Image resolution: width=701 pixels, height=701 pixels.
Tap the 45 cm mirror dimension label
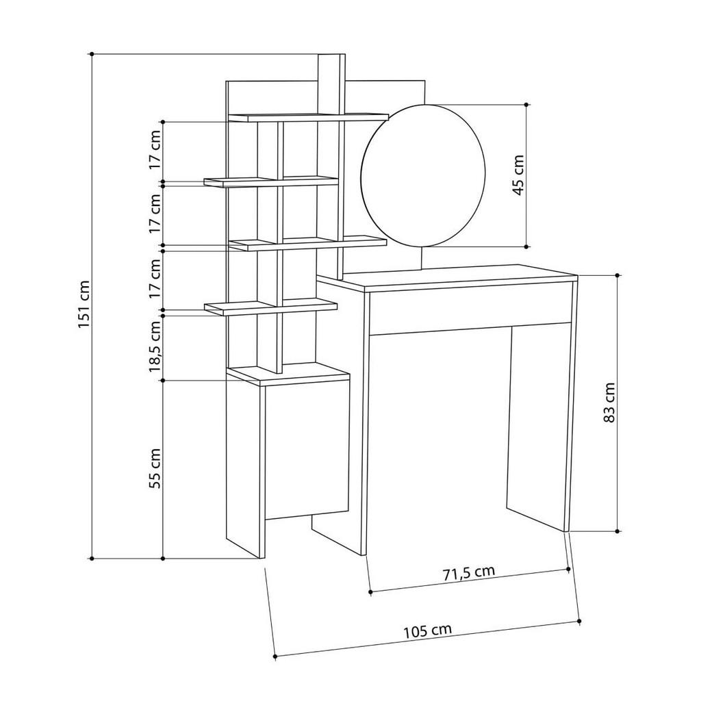(518, 176)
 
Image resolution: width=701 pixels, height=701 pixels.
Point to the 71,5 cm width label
(468, 572)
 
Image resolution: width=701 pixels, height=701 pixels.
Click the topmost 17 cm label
(155, 153)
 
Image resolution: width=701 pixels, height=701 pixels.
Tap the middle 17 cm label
(155, 214)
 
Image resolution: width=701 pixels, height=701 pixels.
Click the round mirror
(423, 175)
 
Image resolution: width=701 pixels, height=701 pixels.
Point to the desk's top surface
(459, 276)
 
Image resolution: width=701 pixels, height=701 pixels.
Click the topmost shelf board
(308, 117)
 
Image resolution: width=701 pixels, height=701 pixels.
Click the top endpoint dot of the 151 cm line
(91, 53)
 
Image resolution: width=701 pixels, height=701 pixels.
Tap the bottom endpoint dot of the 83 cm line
(617, 531)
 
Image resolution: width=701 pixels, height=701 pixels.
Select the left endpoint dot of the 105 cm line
(275, 656)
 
